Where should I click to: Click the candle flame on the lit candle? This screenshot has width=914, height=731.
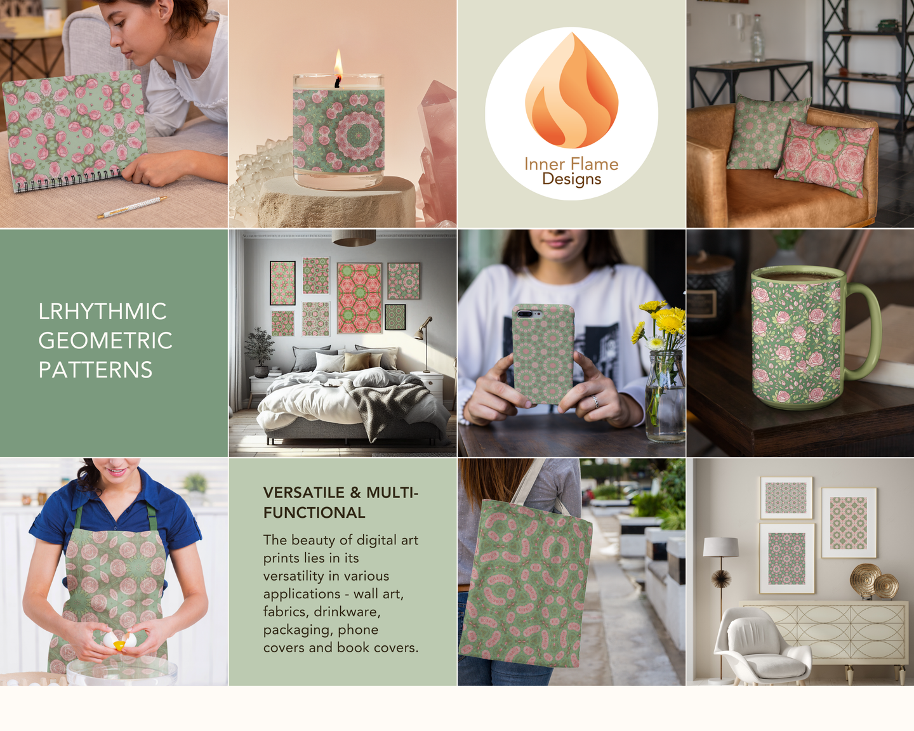tap(338, 63)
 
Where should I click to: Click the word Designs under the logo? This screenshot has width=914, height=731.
tap(572, 179)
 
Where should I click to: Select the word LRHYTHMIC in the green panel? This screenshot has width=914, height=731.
tap(102, 312)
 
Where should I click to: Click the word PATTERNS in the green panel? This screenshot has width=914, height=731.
tap(96, 369)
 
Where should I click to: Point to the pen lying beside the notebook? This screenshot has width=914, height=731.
tap(131, 207)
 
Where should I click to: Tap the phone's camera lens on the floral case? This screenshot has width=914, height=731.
tap(525, 313)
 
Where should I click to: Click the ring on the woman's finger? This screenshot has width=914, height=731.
tap(595, 400)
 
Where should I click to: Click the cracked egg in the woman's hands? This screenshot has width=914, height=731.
tap(120, 640)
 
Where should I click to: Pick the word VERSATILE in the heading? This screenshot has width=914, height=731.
tap(303, 492)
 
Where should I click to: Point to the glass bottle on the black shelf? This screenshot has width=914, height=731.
tap(757, 38)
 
